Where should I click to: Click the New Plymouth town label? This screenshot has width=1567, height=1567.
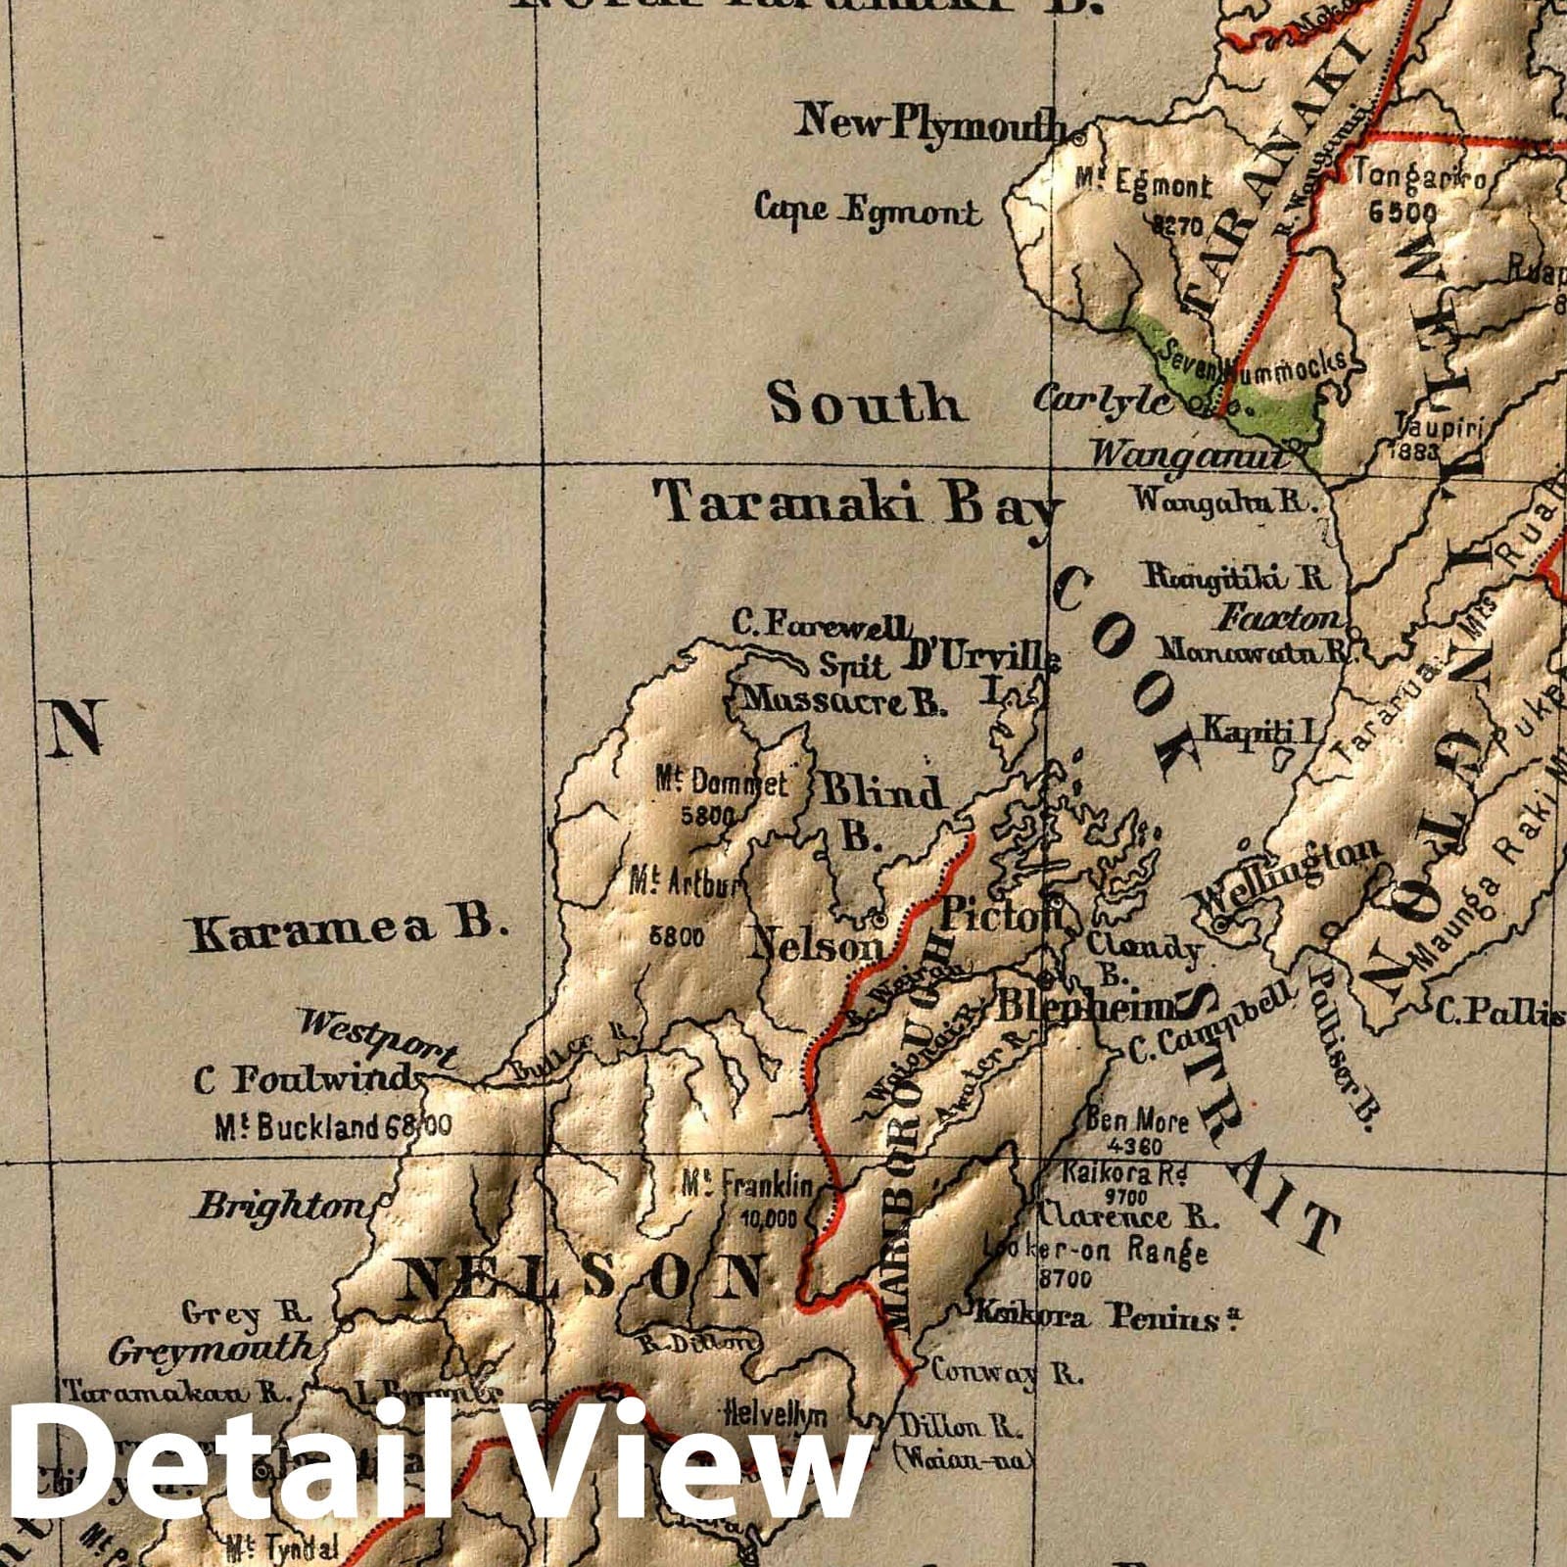tap(930, 124)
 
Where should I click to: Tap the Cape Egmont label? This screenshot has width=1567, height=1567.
tap(867, 210)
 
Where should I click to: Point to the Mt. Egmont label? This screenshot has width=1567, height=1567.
tap(1143, 185)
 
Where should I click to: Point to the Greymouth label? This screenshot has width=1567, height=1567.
tap(211, 1351)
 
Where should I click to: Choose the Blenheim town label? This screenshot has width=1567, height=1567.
tap(1083, 1006)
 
